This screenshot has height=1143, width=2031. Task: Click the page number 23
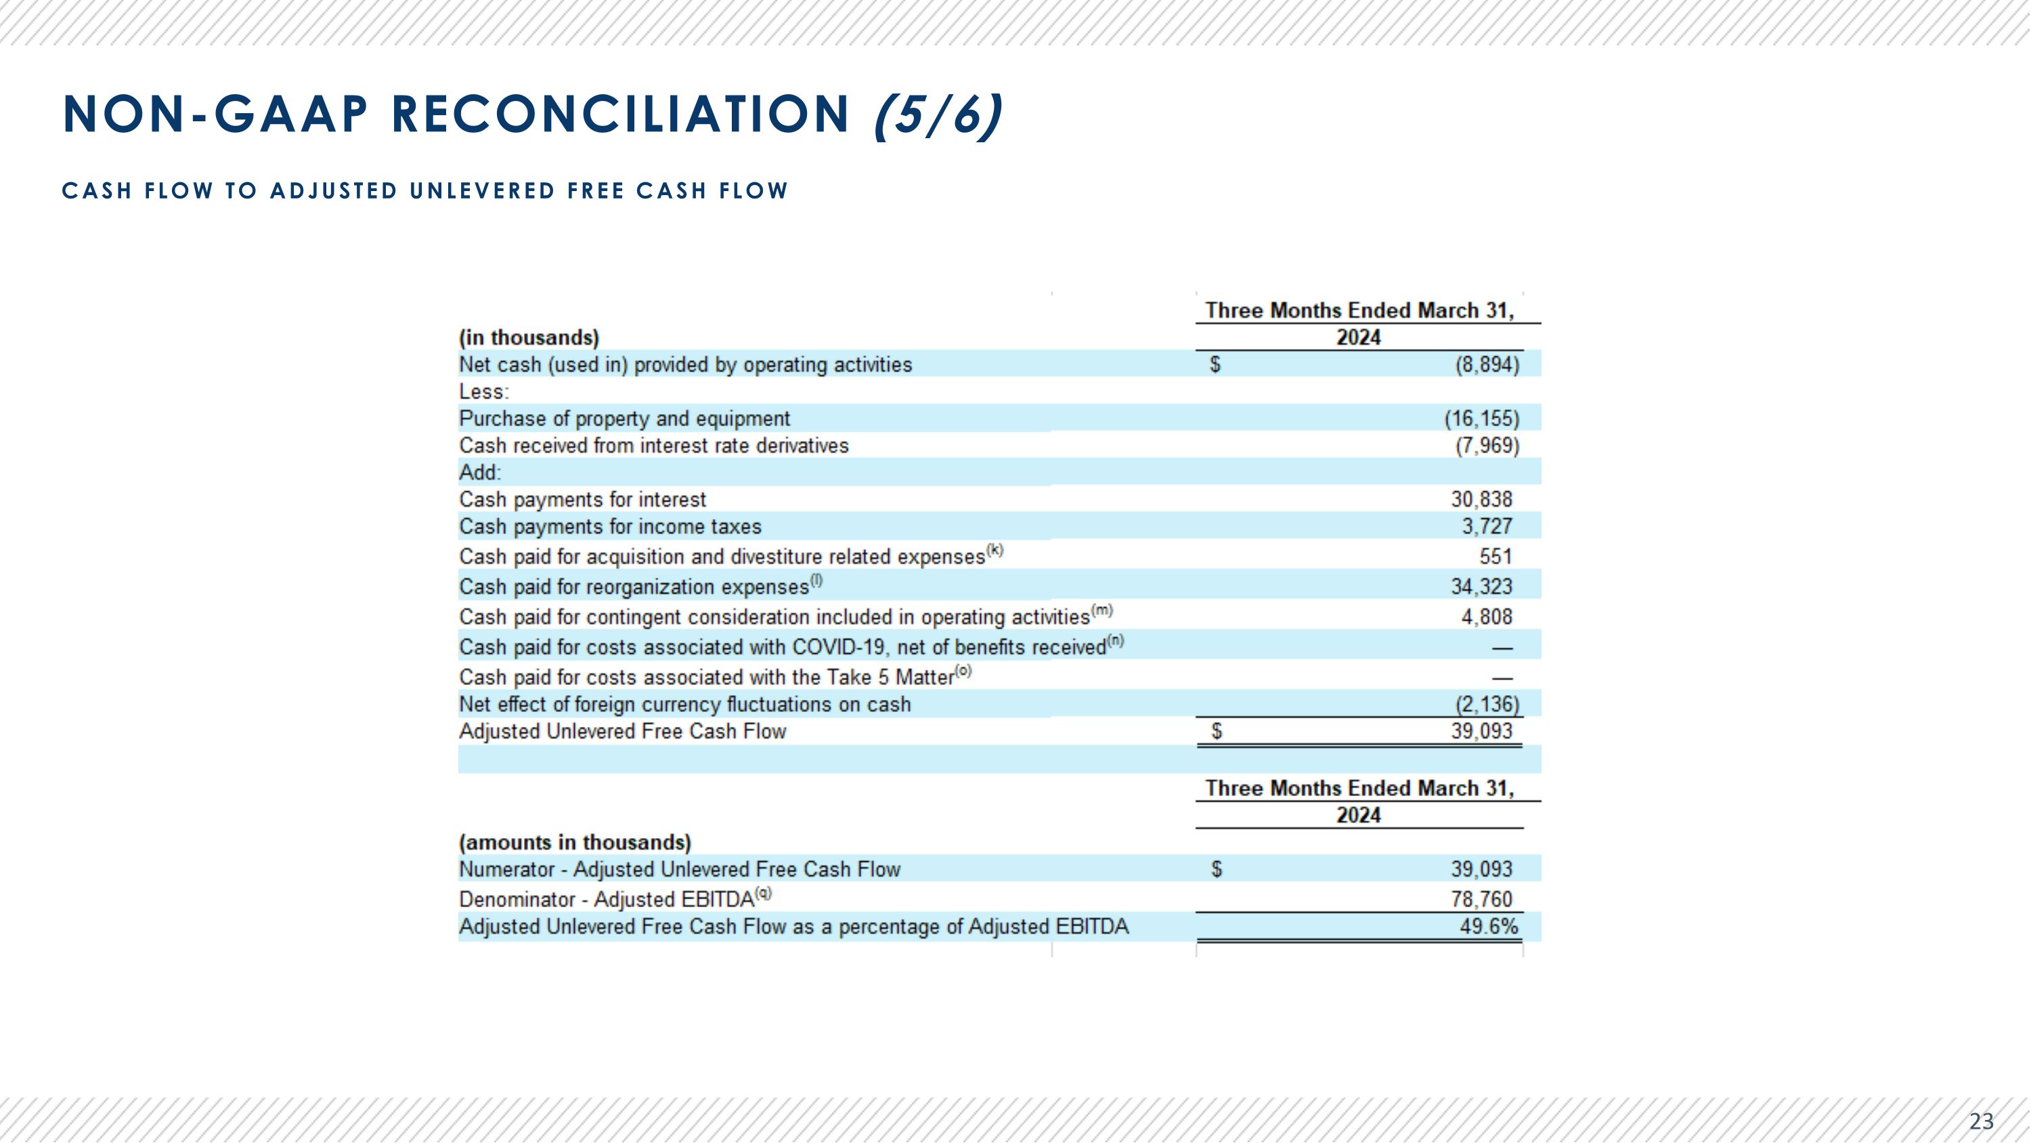[x=1980, y=1120]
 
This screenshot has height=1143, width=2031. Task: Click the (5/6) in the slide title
[x=938, y=115]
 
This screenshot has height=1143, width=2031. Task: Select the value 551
[x=1495, y=557]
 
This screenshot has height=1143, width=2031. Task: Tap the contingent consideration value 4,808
[x=1486, y=617]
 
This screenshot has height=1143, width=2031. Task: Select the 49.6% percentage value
[x=1488, y=926]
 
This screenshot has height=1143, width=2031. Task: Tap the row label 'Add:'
[x=479, y=472]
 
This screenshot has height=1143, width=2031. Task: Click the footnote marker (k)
[x=995, y=551]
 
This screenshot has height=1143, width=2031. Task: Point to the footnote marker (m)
[x=1101, y=610]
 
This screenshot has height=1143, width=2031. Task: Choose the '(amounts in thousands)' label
[x=575, y=842]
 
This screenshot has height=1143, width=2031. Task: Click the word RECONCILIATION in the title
[x=619, y=115]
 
